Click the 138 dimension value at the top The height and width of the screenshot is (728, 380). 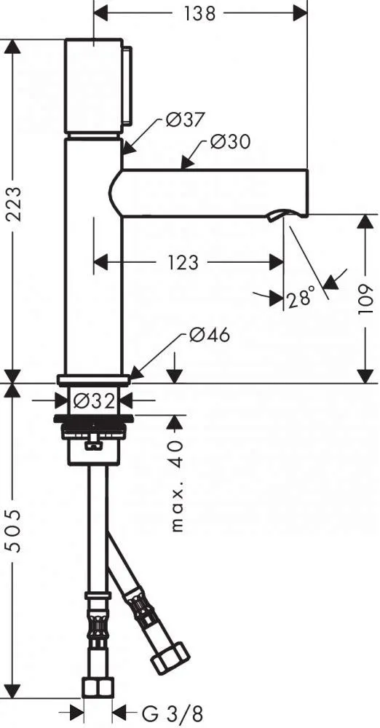pos(199,13)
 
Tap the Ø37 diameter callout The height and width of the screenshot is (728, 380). pos(184,121)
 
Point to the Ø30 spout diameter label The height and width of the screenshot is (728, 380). pos(230,141)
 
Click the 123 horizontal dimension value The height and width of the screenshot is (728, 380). pos(182,263)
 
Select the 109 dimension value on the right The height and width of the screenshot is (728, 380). pos(366,299)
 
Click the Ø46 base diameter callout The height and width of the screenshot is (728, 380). pos(209,334)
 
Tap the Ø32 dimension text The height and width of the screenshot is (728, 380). pos(95,400)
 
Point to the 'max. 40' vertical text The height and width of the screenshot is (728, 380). pos(177,486)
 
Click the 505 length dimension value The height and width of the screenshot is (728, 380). pos(15,530)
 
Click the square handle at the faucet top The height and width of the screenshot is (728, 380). pos(93,87)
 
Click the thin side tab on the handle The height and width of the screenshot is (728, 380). pos(127,85)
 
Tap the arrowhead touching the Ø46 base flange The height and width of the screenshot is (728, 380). pos(135,372)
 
